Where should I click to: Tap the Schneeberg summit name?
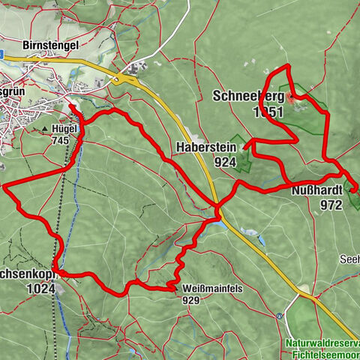[x=248, y=97]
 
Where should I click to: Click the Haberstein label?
[x=207, y=147]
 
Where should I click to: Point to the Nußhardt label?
[x=316, y=190]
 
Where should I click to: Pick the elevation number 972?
[x=330, y=204]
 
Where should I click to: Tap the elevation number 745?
[x=61, y=139]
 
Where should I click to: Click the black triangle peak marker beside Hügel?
[x=44, y=129]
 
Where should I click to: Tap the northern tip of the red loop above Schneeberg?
[x=285, y=67]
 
